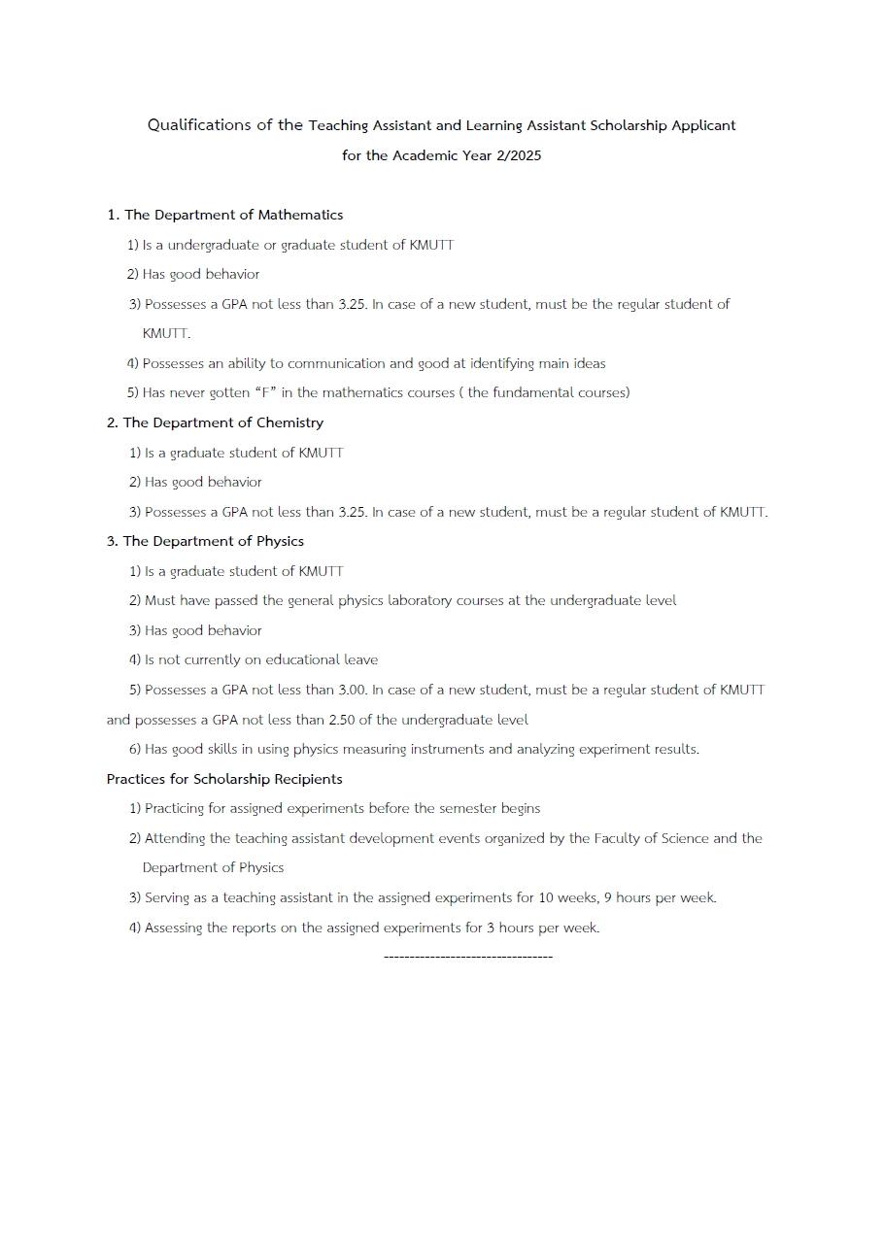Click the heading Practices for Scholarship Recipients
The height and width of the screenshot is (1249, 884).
224,779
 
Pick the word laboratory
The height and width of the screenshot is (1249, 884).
425,600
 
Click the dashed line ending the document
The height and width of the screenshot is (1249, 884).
468,957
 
